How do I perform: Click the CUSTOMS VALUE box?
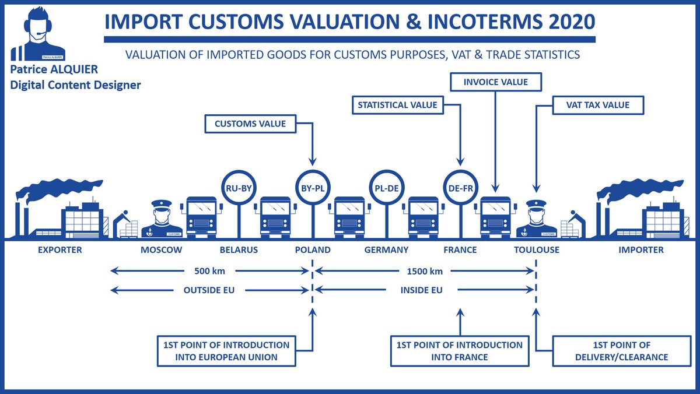click(250, 124)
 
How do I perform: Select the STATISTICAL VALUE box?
click(398, 105)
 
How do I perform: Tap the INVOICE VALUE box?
click(496, 82)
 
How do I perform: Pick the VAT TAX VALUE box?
click(598, 105)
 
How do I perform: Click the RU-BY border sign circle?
click(239, 188)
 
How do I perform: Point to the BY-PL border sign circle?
click(313, 188)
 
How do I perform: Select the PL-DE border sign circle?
click(387, 188)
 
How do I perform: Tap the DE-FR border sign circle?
click(461, 188)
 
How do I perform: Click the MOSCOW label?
click(161, 250)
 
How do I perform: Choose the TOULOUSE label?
click(537, 250)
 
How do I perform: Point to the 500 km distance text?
click(209, 271)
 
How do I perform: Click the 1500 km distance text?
click(425, 271)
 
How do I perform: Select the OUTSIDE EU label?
click(209, 290)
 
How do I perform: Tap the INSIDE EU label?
click(422, 290)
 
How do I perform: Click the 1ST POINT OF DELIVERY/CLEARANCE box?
click(622, 351)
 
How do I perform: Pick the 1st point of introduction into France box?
click(460, 351)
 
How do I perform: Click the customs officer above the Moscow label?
click(162, 219)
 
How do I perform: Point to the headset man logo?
click(38, 34)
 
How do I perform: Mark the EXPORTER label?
click(60, 250)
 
